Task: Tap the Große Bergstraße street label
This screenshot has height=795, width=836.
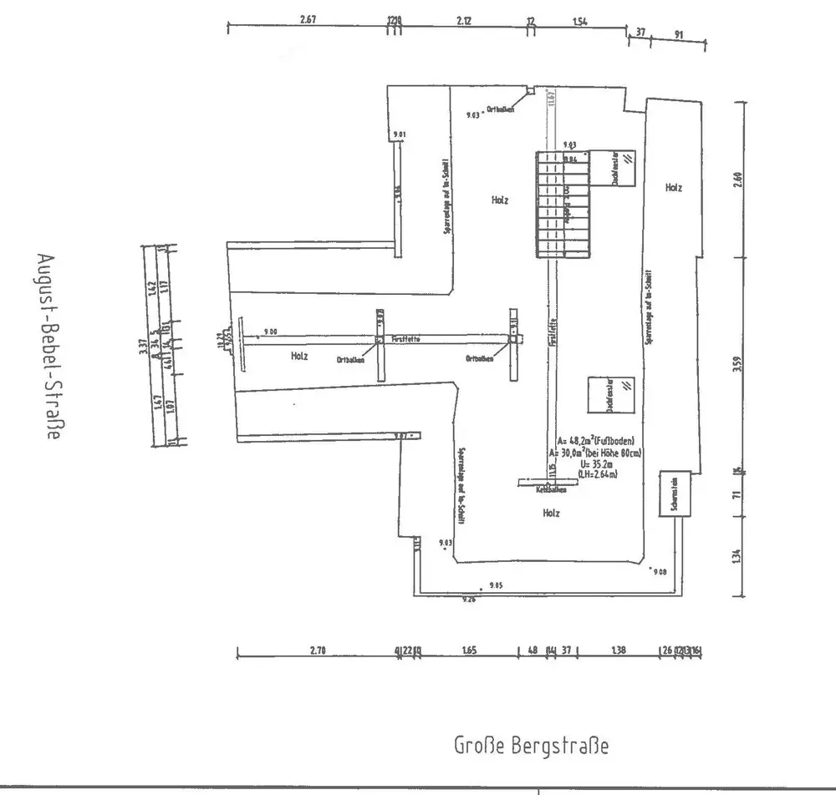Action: tap(531, 745)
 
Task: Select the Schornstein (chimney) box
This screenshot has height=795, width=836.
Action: tap(674, 495)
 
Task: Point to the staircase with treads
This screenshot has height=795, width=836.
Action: tap(561, 205)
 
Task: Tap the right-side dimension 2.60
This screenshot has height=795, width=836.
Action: tap(737, 180)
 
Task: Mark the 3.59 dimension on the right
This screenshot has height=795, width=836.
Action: tap(737, 366)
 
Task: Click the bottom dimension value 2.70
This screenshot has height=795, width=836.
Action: tap(318, 651)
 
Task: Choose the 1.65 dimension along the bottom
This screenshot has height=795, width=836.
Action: tap(468, 651)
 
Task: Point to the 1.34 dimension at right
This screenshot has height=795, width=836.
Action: tap(737, 555)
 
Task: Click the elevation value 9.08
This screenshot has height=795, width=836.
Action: tap(660, 572)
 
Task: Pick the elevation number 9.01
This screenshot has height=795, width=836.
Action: tap(399, 134)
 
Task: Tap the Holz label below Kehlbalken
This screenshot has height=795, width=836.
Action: tap(551, 513)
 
